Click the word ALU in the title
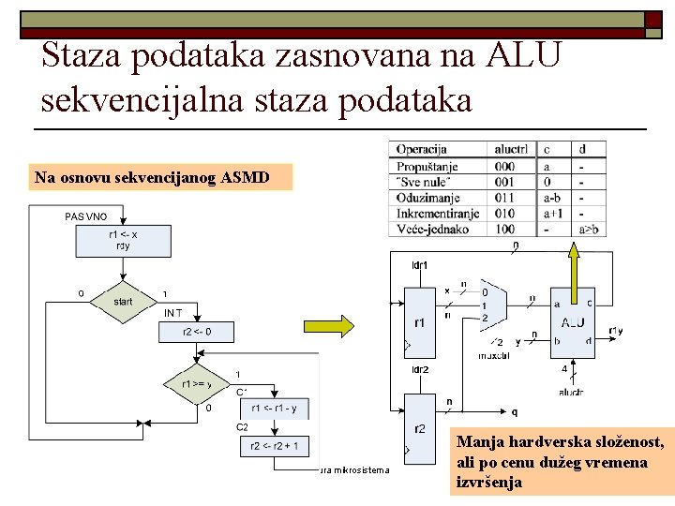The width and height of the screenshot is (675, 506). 524,54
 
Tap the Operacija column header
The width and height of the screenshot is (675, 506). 422,149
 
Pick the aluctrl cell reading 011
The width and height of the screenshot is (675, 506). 504,198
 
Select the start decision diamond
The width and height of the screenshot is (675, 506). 123,302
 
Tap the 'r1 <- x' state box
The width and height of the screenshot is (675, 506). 123,240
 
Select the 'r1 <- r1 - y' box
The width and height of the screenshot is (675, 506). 276,408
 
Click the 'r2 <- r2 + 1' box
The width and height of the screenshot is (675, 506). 276,446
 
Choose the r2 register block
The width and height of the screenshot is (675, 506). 420,428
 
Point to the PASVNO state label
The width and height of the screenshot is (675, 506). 86,216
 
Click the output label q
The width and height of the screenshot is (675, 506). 514,412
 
